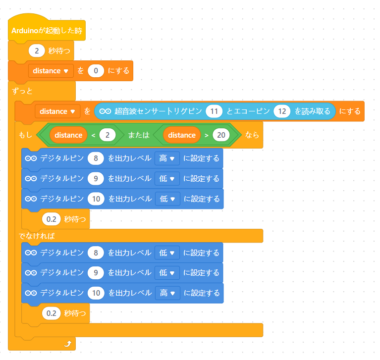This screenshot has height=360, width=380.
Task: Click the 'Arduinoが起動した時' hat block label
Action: [47, 31]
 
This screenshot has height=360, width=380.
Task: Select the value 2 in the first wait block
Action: [37, 50]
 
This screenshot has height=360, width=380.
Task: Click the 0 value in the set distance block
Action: [96, 71]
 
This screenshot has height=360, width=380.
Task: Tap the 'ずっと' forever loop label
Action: [23, 92]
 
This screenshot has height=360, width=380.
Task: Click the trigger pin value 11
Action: [214, 111]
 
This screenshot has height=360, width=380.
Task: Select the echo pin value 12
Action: [282, 111]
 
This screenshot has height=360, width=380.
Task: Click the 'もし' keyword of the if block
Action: [25, 135]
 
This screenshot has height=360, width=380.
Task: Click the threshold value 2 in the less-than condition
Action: [107, 135]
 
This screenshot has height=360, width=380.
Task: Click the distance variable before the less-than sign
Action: [68, 135]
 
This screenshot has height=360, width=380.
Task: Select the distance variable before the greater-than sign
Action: [182, 135]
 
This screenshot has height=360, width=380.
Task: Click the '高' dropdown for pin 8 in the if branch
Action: [167, 158]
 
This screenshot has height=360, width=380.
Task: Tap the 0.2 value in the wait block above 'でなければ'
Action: [51, 218]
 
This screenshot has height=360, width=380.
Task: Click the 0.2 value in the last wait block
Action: [51, 313]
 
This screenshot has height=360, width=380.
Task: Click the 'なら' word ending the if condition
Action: [252, 135]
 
